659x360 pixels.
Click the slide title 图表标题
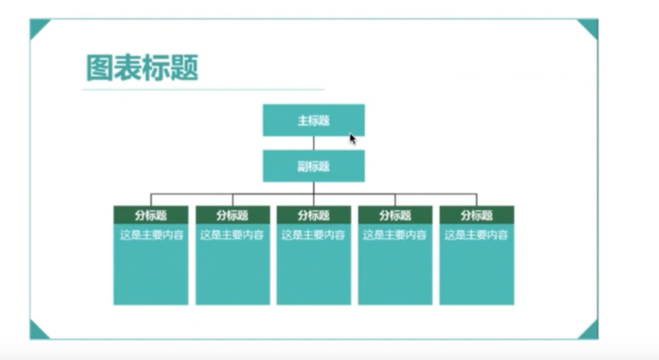point(142,68)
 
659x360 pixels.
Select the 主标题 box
point(313,120)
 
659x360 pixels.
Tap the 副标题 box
point(313,166)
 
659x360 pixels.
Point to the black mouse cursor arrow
point(353,139)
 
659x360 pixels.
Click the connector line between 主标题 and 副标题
point(314,143)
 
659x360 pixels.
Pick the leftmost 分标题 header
point(151,215)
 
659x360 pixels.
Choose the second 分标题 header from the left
point(232,215)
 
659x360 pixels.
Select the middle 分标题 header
point(314,215)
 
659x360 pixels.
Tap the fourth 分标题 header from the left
point(395,215)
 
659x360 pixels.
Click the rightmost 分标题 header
point(477,215)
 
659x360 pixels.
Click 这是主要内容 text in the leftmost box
point(151,234)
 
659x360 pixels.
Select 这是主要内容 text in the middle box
point(314,234)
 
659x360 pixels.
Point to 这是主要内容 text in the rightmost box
point(477,234)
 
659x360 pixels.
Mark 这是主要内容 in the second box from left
point(232,234)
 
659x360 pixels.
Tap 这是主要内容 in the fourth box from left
point(395,234)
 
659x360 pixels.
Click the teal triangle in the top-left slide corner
point(37,26)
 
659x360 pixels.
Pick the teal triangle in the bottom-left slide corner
point(37,332)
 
